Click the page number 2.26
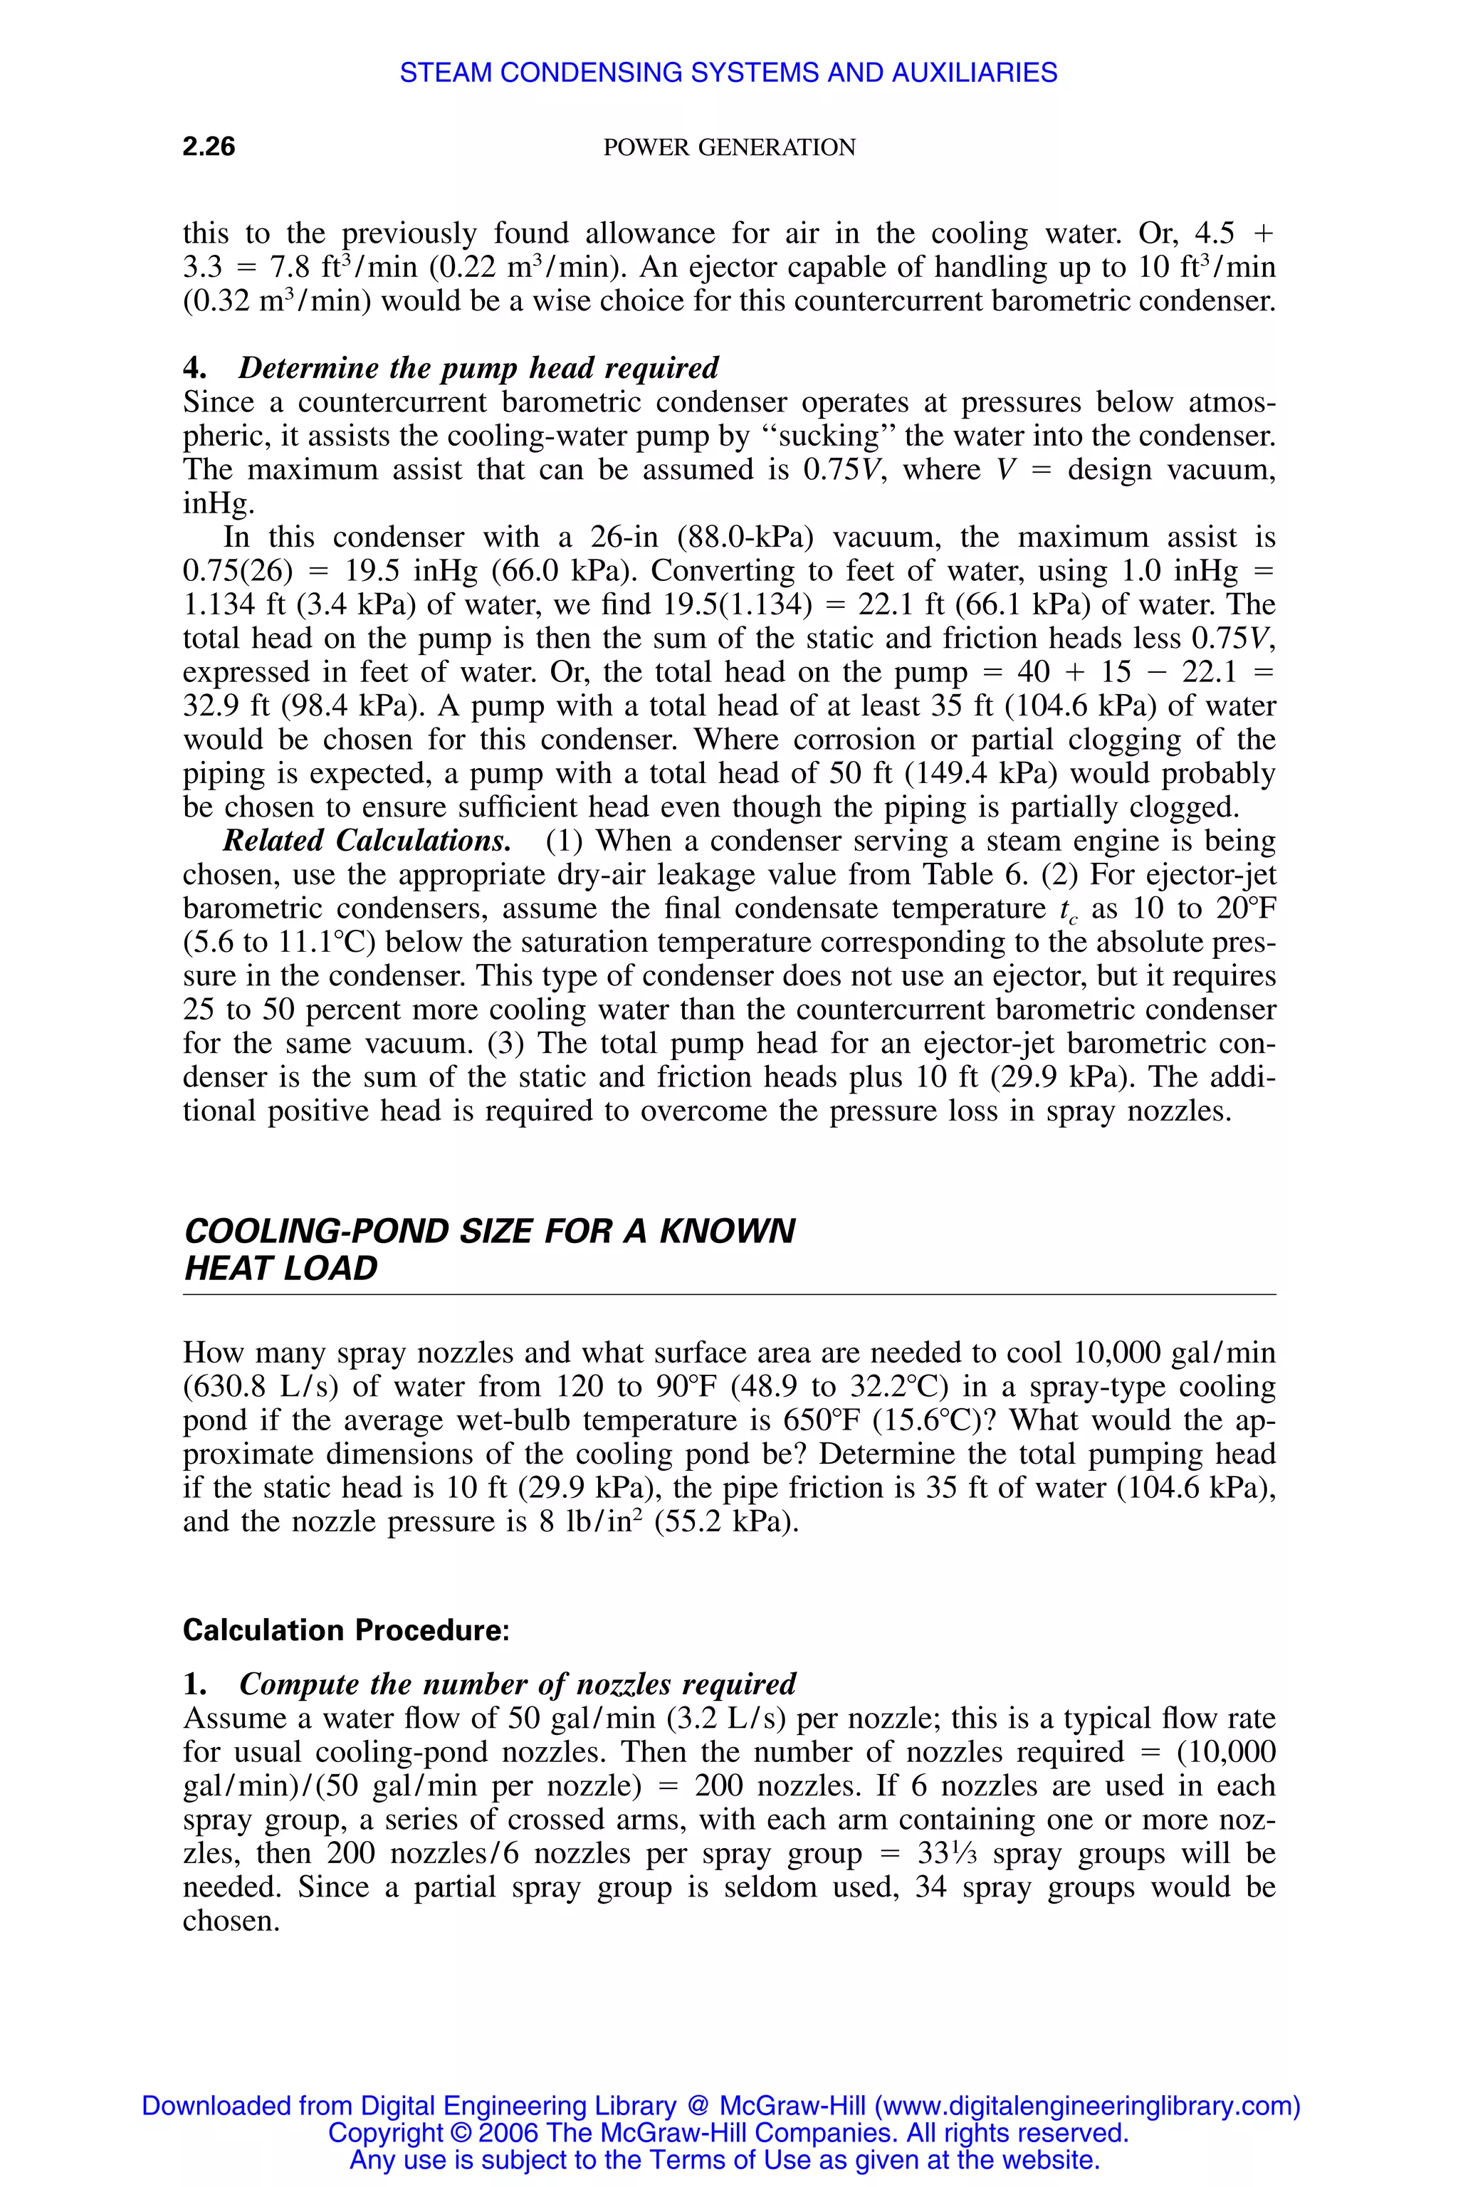coord(209,146)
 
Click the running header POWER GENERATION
coord(729,147)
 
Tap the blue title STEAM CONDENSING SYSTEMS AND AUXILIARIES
coord(728,73)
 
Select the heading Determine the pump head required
coord(478,367)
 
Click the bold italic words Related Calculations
coord(367,841)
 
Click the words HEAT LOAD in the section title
coord(280,1269)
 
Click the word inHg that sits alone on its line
coord(218,503)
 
